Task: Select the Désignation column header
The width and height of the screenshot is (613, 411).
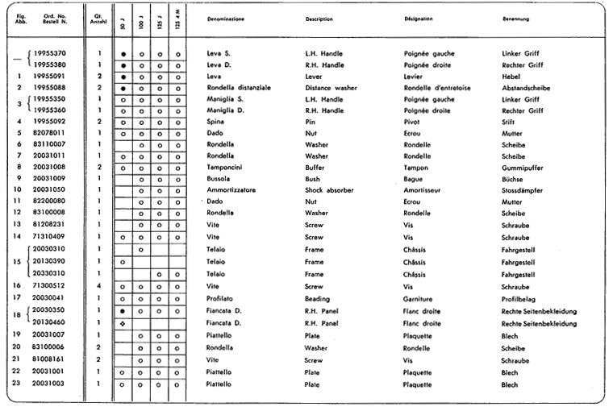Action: pos(422,18)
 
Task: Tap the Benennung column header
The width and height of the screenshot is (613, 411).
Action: pos(517,18)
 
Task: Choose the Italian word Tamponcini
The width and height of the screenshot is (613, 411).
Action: pos(227,166)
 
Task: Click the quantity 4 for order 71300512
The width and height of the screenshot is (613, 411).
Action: pos(98,285)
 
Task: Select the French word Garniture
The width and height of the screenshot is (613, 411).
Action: pos(419,297)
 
